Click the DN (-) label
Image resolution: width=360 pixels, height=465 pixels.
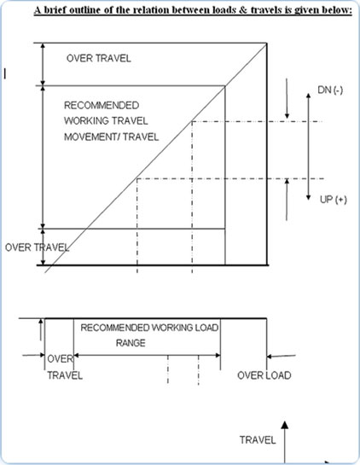(330, 90)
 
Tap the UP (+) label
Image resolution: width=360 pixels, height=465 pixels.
(334, 200)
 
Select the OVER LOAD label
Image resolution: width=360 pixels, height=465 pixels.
(264, 375)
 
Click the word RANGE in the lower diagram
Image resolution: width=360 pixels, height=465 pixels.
(131, 343)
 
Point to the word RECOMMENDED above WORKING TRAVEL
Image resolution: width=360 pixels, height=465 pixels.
(102, 105)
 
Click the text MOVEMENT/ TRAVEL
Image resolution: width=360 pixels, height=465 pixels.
(112, 137)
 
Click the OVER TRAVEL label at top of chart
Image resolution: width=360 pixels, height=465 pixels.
(99, 58)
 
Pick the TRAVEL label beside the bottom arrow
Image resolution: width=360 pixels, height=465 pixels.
(258, 440)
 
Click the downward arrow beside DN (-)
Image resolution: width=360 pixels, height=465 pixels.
(287, 98)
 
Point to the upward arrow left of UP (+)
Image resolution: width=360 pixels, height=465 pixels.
(287, 200)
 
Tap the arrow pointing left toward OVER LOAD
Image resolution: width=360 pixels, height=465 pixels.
(281, 356)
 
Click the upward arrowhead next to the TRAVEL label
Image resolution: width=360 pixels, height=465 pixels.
(285, 425)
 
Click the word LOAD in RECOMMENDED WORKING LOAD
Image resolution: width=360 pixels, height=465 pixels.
(206, 328)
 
